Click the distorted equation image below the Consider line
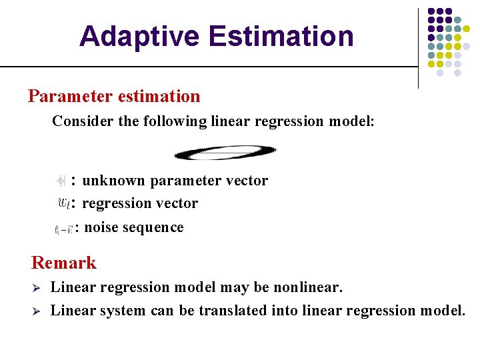coord(225,153)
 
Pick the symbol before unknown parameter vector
coord(61,180)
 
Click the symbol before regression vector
coord(65,203)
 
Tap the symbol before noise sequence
coord(64,229)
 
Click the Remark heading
coord(64,263)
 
